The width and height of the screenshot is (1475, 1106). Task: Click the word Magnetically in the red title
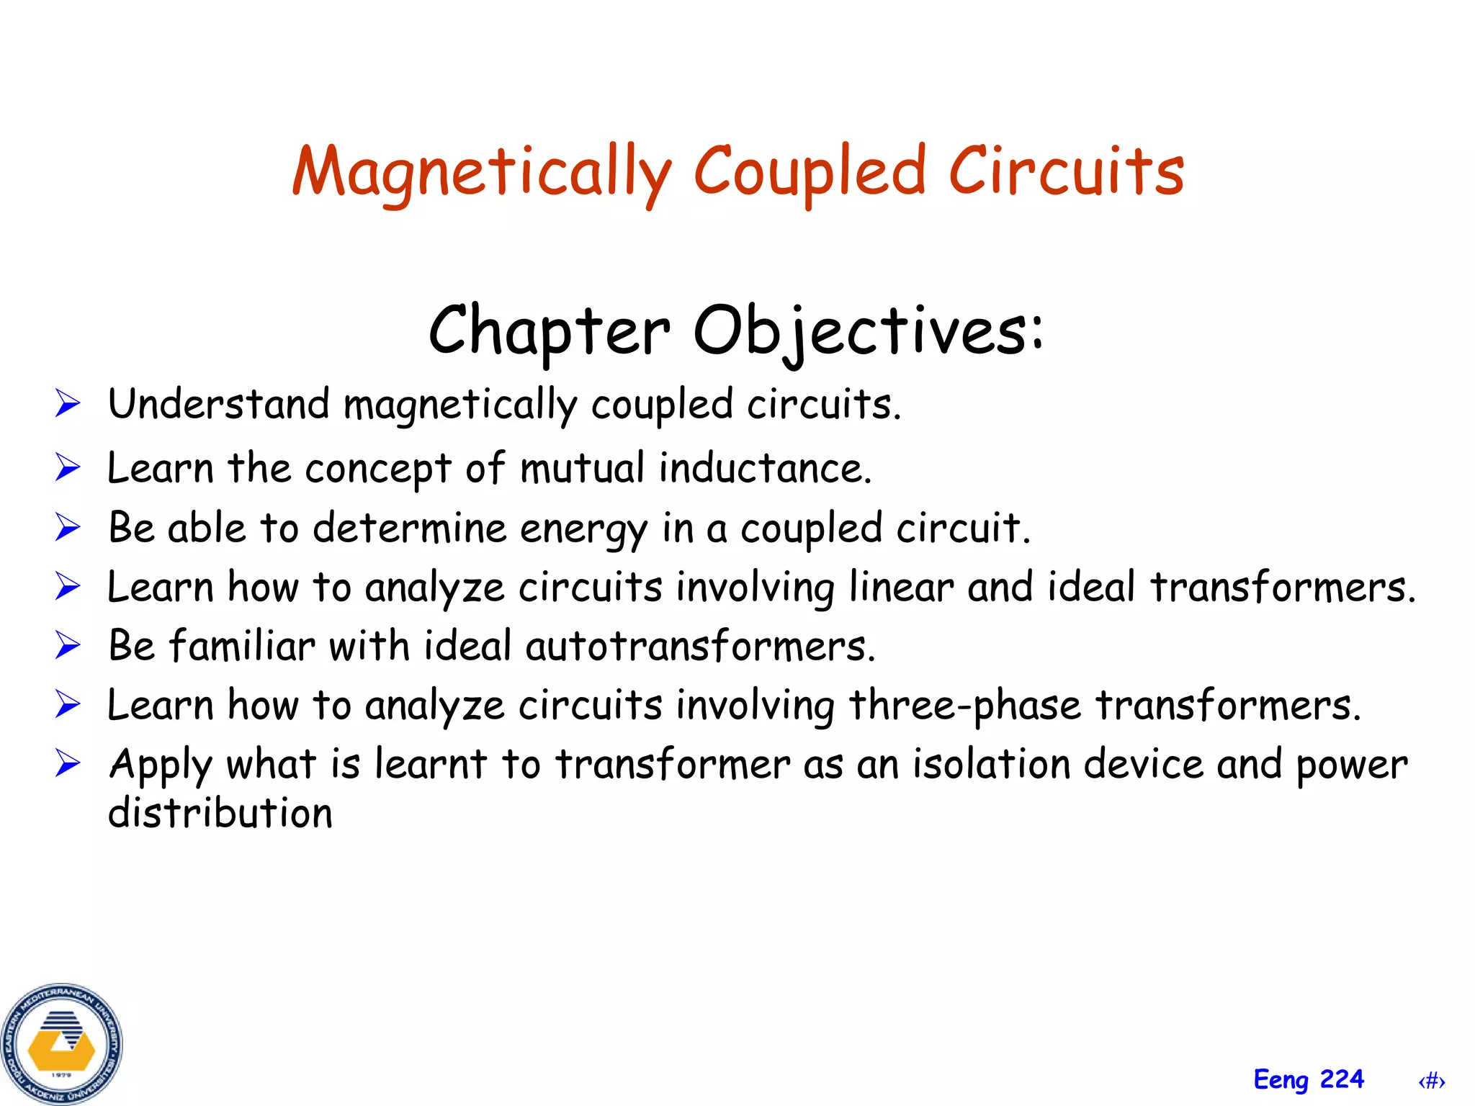481,173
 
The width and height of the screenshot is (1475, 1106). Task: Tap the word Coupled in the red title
809,173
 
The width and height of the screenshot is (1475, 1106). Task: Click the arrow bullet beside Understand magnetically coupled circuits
68,403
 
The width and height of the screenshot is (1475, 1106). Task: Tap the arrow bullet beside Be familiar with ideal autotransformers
68,645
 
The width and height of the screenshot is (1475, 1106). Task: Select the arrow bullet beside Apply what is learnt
68,763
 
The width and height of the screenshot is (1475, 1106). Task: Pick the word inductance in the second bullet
765,468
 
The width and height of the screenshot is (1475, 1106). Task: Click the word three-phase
965,705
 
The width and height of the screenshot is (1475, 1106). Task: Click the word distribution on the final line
220,814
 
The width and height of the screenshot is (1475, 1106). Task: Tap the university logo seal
62,1044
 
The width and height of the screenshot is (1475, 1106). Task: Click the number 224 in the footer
1342,1079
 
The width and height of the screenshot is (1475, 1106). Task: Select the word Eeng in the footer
1281,1080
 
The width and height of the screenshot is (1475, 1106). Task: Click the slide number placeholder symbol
1432,1081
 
